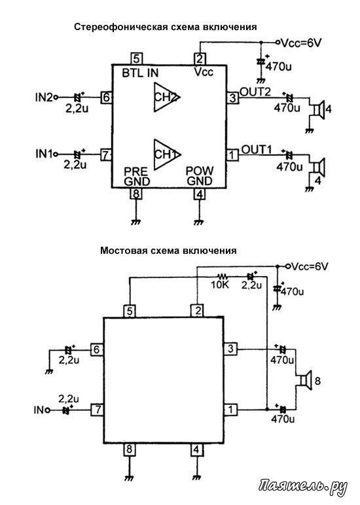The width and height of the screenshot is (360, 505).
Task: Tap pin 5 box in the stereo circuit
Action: [x=137, y=59]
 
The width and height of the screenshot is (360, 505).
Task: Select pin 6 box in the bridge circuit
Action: [x=97, y=349]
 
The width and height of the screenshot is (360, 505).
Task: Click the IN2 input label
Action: [x=43, y=97]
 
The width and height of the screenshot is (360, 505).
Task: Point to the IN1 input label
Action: [x=44, y=154]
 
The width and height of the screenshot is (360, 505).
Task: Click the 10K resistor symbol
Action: [x=223, y=276]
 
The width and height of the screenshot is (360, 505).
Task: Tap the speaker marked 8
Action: [x=304, y=381]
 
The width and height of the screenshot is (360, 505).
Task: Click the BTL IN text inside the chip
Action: [x=140, y=73]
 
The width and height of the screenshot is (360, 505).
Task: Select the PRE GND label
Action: [x=137, y=176]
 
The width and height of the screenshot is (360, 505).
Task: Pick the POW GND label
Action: [x=200, y=176]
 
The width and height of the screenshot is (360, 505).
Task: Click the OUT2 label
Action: [x=255, y=92]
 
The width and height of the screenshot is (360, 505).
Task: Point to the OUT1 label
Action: [x=257, y=149]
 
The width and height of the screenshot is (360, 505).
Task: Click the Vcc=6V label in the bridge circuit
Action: [x=310, y=266]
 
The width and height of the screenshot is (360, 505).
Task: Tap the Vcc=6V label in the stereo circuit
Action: [x=301, y=43]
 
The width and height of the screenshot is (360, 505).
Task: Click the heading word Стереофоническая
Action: [x=121, y=27]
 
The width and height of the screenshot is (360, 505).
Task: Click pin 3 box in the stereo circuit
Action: [x=233, y=97]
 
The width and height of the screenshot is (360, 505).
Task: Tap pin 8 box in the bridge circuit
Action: [x=130, y=449]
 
